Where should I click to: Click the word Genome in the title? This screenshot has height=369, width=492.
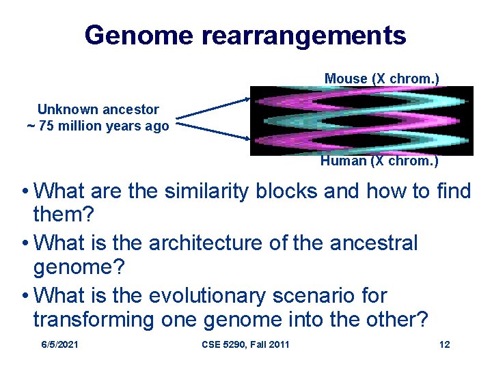tap(139, 35)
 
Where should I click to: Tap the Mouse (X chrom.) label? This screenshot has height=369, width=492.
tap(381, 79)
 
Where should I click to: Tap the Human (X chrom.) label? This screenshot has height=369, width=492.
tap(379, 161)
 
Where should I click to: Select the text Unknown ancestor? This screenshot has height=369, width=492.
tap(98, 109)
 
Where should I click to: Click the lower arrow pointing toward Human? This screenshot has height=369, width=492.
tap(212, 129)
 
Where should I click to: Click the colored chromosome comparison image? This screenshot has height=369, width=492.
tap(361, 120)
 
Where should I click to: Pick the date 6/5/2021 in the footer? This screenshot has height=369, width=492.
tap(59, 344)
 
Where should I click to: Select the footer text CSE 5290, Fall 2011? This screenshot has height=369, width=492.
tap(246, 344)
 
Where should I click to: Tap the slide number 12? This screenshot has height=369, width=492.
tap(444, 344)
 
